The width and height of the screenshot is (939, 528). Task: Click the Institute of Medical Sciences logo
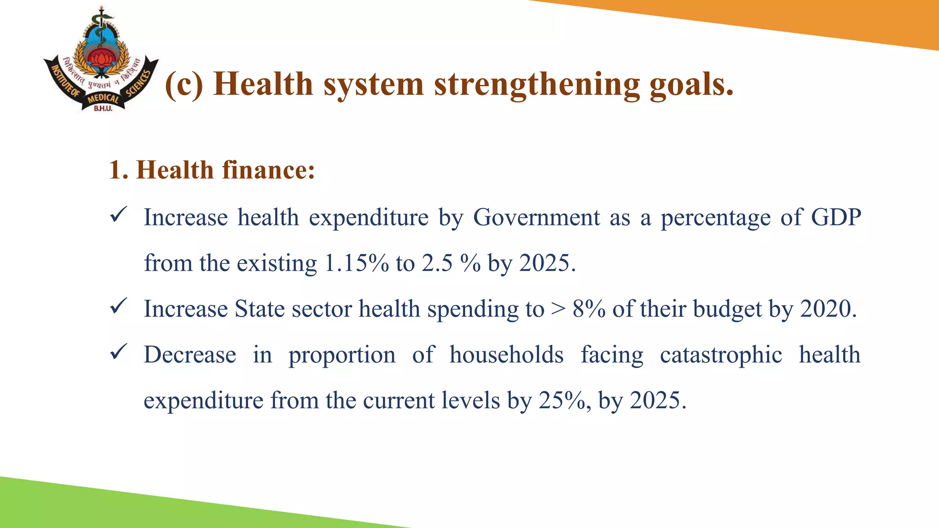coord(101,60)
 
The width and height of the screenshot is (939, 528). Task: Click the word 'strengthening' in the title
coord(536,85)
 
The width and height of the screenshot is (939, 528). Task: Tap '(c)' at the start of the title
coord(184,85)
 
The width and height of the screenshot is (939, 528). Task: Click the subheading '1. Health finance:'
coord(212,170)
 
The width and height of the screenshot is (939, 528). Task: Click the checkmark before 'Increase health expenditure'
coord(118,214)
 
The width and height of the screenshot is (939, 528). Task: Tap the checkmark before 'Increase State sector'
coord(118,306)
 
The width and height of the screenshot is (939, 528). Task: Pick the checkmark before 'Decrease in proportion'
coord(118,352)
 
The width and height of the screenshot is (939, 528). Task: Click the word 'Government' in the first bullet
coord(536,217)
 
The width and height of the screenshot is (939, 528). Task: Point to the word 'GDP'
coord(836,217)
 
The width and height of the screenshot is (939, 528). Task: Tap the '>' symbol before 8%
coord(558,309)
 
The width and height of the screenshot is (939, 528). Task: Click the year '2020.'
coord(828,309)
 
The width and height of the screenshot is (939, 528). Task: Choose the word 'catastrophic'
coord(721,355)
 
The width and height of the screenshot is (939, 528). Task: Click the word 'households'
coord(506,355)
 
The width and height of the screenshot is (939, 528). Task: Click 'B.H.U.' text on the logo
coord(103,109)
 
